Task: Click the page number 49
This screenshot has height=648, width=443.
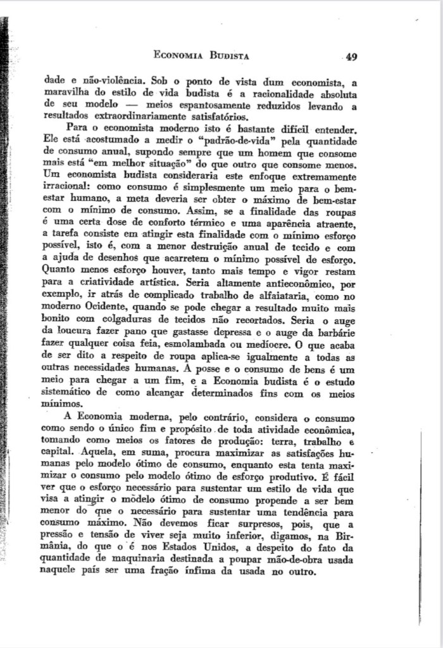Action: (x=352, y=56)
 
